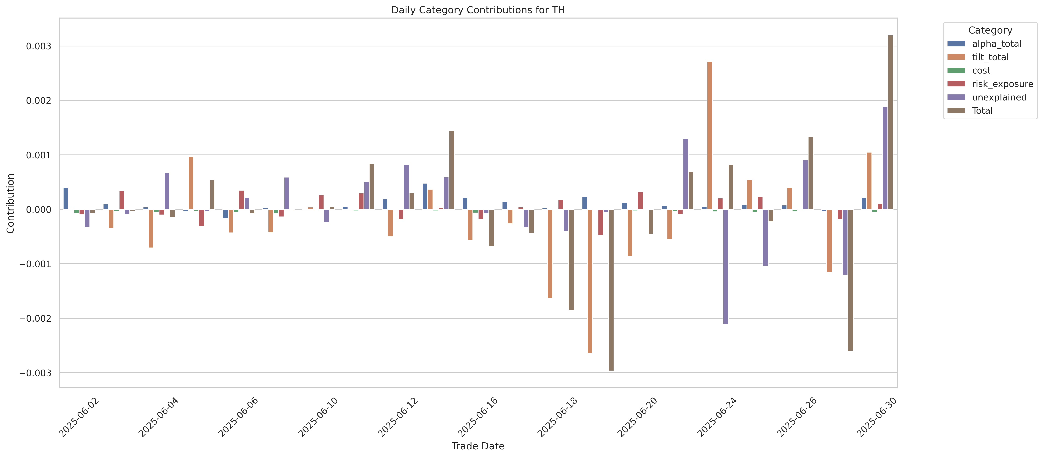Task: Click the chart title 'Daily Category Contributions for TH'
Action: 478,10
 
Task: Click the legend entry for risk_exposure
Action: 1002,84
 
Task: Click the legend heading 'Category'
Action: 990,30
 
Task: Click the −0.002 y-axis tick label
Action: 36,319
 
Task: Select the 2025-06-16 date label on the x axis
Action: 478,417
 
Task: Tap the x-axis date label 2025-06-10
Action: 318,417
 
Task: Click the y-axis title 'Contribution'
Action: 11,203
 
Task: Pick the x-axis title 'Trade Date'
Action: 478,446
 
